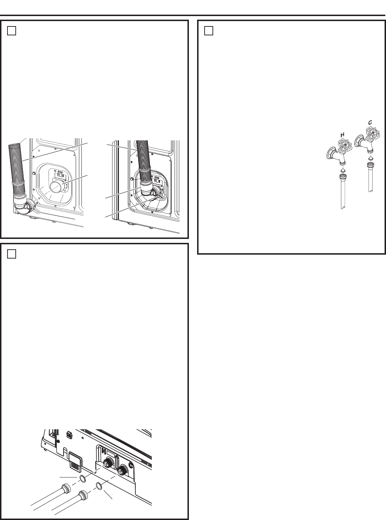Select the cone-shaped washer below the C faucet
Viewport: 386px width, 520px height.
click(x=370, y=157)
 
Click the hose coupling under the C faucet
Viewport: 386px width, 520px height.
click(x=370, y=166)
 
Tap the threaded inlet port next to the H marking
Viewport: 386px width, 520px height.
click(x=107, y=463)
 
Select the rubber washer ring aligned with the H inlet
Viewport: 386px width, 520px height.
click(x=82, y=479)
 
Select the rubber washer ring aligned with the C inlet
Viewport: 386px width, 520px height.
click(x=100, y=486)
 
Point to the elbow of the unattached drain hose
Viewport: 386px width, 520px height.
click(x=22, y=207)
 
